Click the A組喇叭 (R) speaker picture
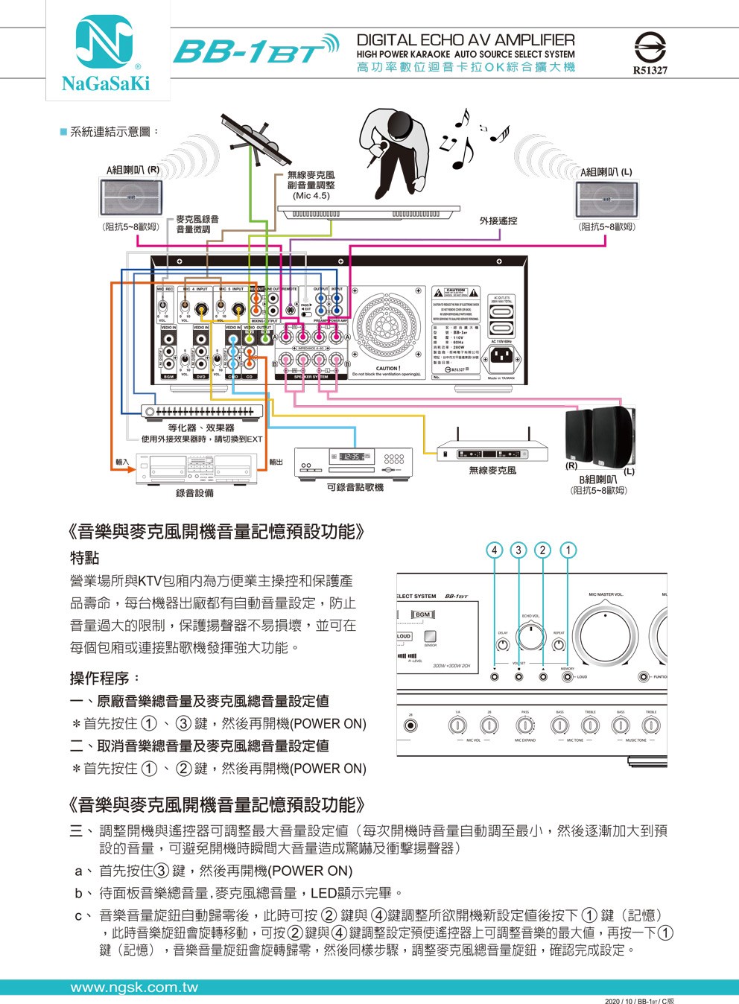coord(130,197)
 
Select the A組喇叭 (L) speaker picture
coord(605,198)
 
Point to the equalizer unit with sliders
coord(202,410)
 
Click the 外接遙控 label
coord(498,220)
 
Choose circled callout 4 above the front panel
coord(495,550)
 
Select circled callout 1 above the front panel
coord(568,550)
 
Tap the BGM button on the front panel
coord(422,614)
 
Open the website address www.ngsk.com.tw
coord(134,988)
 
